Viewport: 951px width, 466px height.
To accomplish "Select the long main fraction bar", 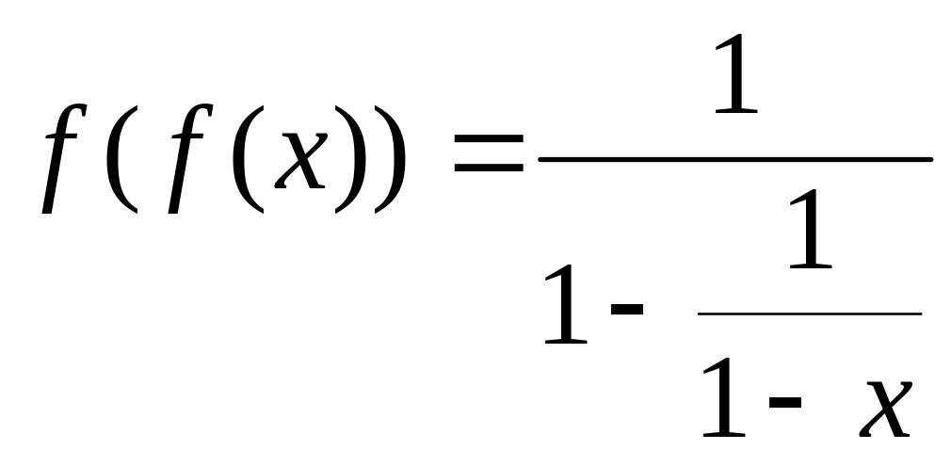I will tap(734, 159).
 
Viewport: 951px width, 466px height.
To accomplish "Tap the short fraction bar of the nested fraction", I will tap(809, 313).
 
